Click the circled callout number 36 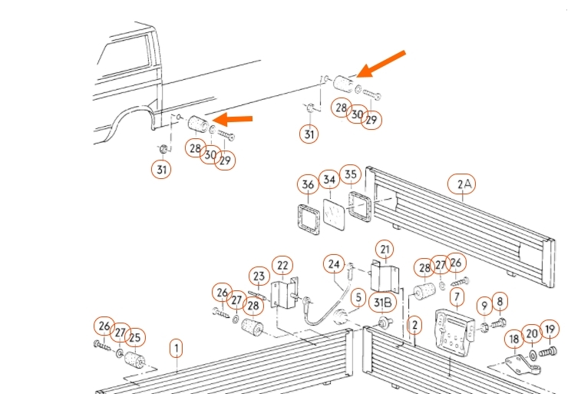pos(308,184)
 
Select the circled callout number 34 pos(329,180)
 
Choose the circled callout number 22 pos(283,266)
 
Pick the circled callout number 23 pos(259,277)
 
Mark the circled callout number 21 pos(384,249)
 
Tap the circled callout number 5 pos(358,296)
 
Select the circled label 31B pos(384,303)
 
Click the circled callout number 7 pos(457,296)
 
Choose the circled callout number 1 pos(177,349)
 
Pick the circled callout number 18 pos(513,339)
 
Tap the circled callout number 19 pos(550,330)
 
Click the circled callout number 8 pos(500,302)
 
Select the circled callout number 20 pos(532,334)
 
